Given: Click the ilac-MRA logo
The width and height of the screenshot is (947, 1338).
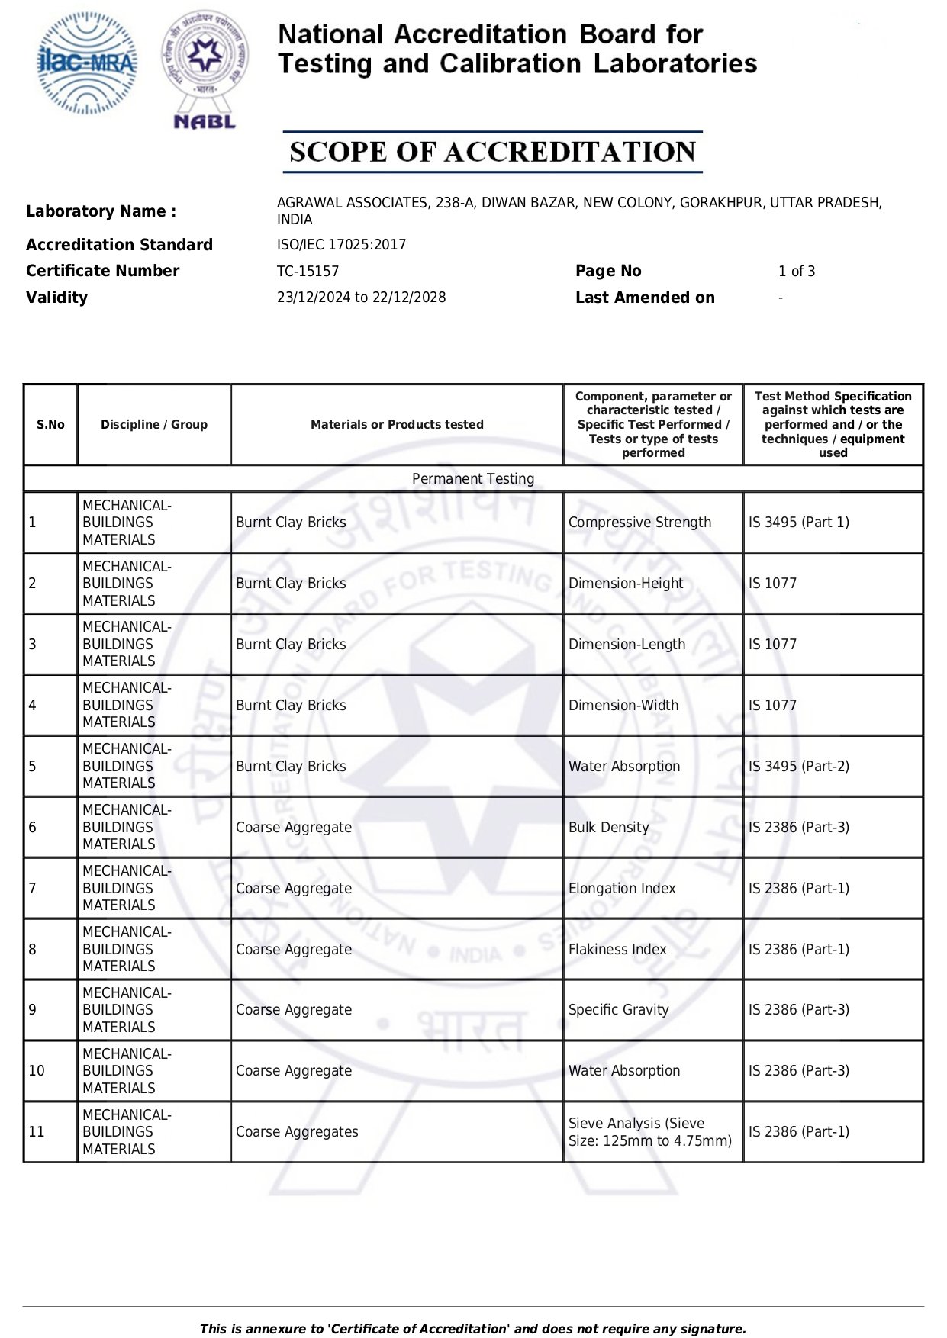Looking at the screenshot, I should pyautogui.click(x=88, y=63).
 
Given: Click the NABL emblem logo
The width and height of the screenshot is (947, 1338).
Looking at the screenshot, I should pyautogui.click(x=205, y=69).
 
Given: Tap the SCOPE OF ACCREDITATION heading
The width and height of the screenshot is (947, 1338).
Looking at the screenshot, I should pyautogui.click(x=492, y=152).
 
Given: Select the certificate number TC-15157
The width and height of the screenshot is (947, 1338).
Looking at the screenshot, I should pyautogui.click(x=308, y=272).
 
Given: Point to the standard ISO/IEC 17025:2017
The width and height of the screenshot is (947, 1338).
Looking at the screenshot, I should pyautogui.click(x=341, y=245).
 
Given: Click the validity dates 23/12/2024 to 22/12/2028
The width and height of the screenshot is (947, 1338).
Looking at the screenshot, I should pyautogui.click(x=361, y=298).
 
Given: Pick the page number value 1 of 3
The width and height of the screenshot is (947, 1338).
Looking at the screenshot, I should pyautogui.click(x=796, y=272).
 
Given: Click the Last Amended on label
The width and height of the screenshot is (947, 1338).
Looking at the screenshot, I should pyautogui.click(x=645, y=298).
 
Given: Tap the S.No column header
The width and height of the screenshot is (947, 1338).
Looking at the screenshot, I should pyautogui.click(x=50, y=425).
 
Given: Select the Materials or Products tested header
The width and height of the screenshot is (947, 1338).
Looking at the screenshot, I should pyautogui.click(x=397, y=425).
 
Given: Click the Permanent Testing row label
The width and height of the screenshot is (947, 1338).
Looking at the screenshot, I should pyautogui.click(x=473, y=479).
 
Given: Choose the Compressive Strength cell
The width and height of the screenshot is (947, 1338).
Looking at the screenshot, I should pyautogui.click(x=639, y=523).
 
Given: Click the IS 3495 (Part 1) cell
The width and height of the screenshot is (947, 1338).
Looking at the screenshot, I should pyautogui.click(x=798, y=523).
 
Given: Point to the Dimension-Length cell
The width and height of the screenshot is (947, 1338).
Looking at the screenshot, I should pyautogui.click(x=627, y=645).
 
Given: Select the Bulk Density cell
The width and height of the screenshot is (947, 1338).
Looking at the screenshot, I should pyautogui.click(x=608, y=828).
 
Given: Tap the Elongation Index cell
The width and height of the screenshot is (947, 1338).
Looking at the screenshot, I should pyautogui.click(x=622, y=889).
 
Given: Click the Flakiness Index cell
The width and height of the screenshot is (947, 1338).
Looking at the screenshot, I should pyautogui.click(x=617, y=950).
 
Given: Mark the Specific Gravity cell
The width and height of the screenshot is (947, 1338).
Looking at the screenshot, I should pyautogui.click(x=618, y=1010).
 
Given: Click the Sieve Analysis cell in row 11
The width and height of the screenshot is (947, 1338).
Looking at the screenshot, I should pyautogui.click(x=649, y=1132).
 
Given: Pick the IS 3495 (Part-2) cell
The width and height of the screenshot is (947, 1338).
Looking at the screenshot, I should pyautogui.click(x=798, y=767).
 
